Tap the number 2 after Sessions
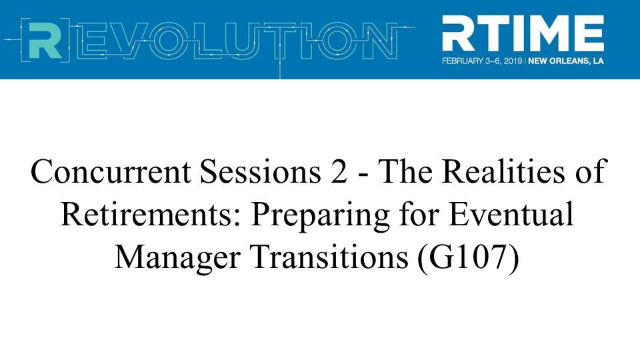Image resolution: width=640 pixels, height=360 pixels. pyautogui.click(x=339, y=171)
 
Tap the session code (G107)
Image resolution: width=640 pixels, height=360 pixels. pyautogui.click(x=469, y=259)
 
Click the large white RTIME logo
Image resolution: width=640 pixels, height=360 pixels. pyautogui.click(x=523, y=33)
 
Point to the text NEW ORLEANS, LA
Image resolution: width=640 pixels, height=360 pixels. pyautogui.click(x=566, y=61)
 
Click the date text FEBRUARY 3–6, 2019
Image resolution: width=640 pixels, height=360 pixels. pyautogui.click(x=482, y=61)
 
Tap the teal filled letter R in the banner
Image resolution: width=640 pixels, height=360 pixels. pyautogui.click(x=45, y=39)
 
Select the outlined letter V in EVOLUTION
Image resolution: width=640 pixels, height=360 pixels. pyautogui.click(x=130, y=39)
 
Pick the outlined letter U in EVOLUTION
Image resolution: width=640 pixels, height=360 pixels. pyautogui.click(x=239, y=40)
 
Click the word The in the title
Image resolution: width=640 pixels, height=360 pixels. pyautogui.click(x=405, y=171)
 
